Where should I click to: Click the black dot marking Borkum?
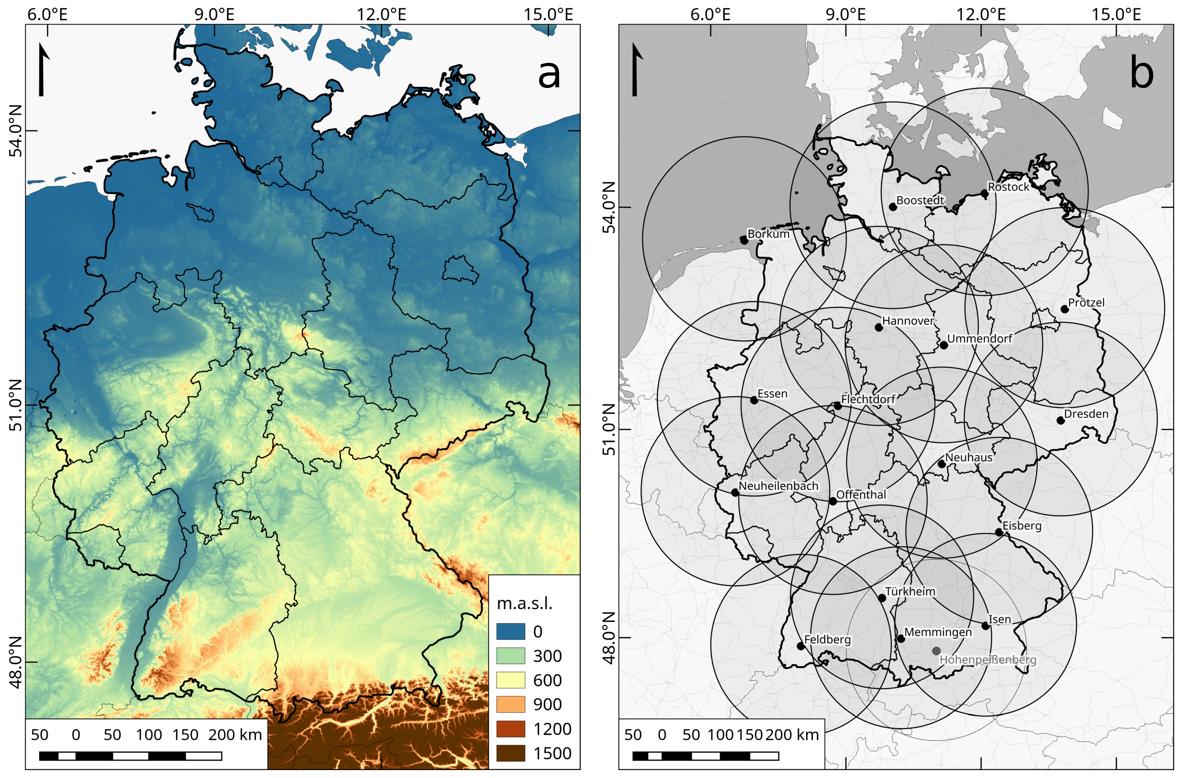click(x=744, y=240)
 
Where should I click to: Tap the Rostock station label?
click(x=1008, y=187)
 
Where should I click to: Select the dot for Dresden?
click(x=1060, y=420)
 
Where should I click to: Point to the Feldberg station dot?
click(x=801, y=646)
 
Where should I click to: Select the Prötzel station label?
click(x=1086, y=302)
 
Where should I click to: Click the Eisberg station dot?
click(x=998, y=533)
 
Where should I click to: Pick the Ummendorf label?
click(x=979, y=339)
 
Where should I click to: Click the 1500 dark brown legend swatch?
click(x=511, y=753)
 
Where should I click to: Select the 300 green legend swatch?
click(x=511, y=656)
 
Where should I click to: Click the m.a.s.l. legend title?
click(x=524, y=603)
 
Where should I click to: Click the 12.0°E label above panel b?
click(x=981, y=14)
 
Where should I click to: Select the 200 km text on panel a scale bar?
click(x=234, y=735)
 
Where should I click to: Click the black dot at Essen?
click(x=754, y=400)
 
